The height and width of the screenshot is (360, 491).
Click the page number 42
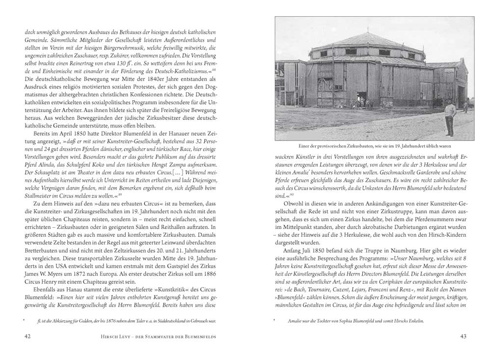[28, 336]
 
